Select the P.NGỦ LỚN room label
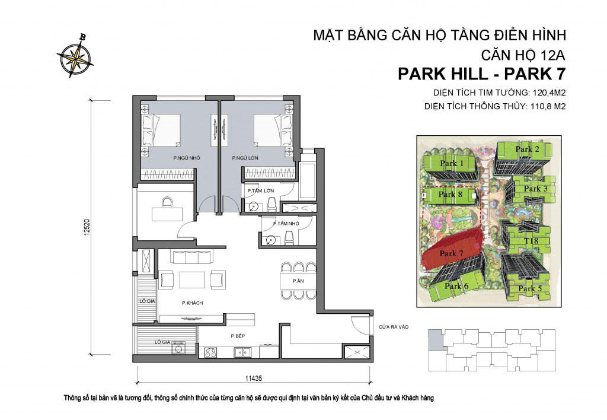click(x=245, y=158)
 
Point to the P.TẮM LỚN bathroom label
click(x=261, y=190)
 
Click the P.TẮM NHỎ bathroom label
click(x=286, y=224)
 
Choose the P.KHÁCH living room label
click(x=193, y=303)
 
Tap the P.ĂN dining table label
click(x=298, y=281)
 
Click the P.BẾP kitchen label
click(x=238, y=336)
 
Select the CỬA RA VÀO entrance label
click(x=394, y=327)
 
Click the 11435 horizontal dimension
click(x=254, y=378)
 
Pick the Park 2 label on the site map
click(x=527, y=149)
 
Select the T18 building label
click(x=531, y=241)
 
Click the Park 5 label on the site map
click(x=529, y=289)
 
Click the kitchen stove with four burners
click(x=210, y=352)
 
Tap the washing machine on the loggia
click(x=178, y=348)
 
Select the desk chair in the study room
click(x=167, y=202)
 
